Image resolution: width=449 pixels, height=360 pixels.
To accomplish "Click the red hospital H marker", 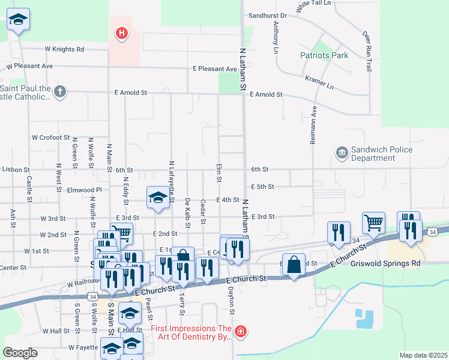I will pos(122,33).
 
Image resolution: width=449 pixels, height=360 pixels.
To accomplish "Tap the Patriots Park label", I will pos(324,56).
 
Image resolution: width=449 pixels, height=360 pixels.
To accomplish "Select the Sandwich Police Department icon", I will pos(342,154).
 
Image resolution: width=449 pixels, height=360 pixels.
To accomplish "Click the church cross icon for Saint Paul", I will pos(59,92).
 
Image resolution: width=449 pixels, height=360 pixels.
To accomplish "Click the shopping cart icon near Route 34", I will pos(373,223).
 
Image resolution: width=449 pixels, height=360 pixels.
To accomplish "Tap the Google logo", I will pos(20,353).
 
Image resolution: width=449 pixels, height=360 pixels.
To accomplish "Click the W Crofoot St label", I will pos(51,137).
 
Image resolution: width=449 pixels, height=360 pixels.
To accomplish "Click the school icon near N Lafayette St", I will pos(157,197).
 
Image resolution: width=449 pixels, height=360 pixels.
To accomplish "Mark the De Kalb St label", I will pos(188,213).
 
